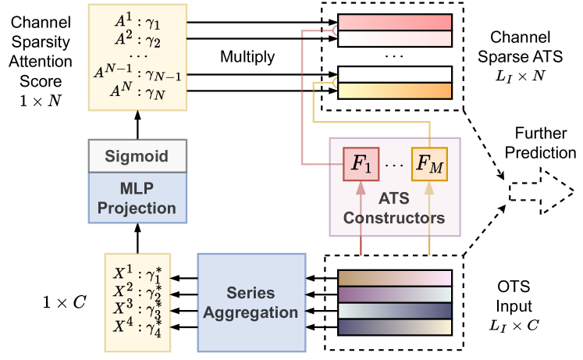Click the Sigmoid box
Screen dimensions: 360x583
[x=137, y=156]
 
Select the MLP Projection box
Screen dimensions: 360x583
[x=137, y=198]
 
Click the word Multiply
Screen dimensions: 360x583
[x=247, y=57]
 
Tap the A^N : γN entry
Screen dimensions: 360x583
[x=137, y=93]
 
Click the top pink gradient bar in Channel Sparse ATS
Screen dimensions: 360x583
[x=394, y=22]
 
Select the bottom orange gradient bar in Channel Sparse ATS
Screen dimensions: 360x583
[x=394, y=92]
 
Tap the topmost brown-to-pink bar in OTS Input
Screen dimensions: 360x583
[x=394, y=276]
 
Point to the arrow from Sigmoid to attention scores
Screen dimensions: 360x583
[x=137, y=130]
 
